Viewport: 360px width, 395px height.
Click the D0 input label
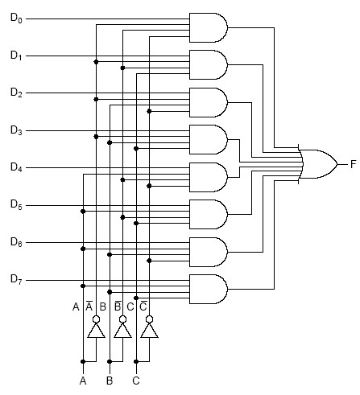click(x=16, y=19)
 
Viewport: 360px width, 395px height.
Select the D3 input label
click(x=16, y=130)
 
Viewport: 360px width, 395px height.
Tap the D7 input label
click(x=16, y=279)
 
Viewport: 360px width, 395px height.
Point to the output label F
click(x=354, y=164)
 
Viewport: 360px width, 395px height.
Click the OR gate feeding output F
click(x=317, y=164)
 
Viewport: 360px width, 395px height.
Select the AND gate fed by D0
click(x=209, y=27)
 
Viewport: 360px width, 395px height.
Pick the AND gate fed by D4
click(x=209, y=177)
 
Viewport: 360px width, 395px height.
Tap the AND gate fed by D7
click(x=209, y=289)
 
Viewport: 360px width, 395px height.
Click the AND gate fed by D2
click(x=209, y=102)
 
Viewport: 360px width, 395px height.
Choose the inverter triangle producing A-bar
click(x=96, y=331)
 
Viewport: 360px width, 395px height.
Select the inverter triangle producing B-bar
click(x=122, y=331)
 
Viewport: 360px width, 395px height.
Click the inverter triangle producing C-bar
click(x=149, y=331)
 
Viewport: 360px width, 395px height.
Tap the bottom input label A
click(x=83, y=381)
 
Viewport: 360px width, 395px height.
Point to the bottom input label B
click(x=110, y=381)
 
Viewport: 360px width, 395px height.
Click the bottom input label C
click(x=136, y=381)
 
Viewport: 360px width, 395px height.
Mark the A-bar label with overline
click(x=89, y=307)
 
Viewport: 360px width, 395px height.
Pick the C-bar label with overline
click(x=143, y=307)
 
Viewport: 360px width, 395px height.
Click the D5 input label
click(x=16, y=205)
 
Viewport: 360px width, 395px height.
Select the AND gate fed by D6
click(x=209, y=252)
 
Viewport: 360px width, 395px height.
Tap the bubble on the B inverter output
click(x=122, y=319)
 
